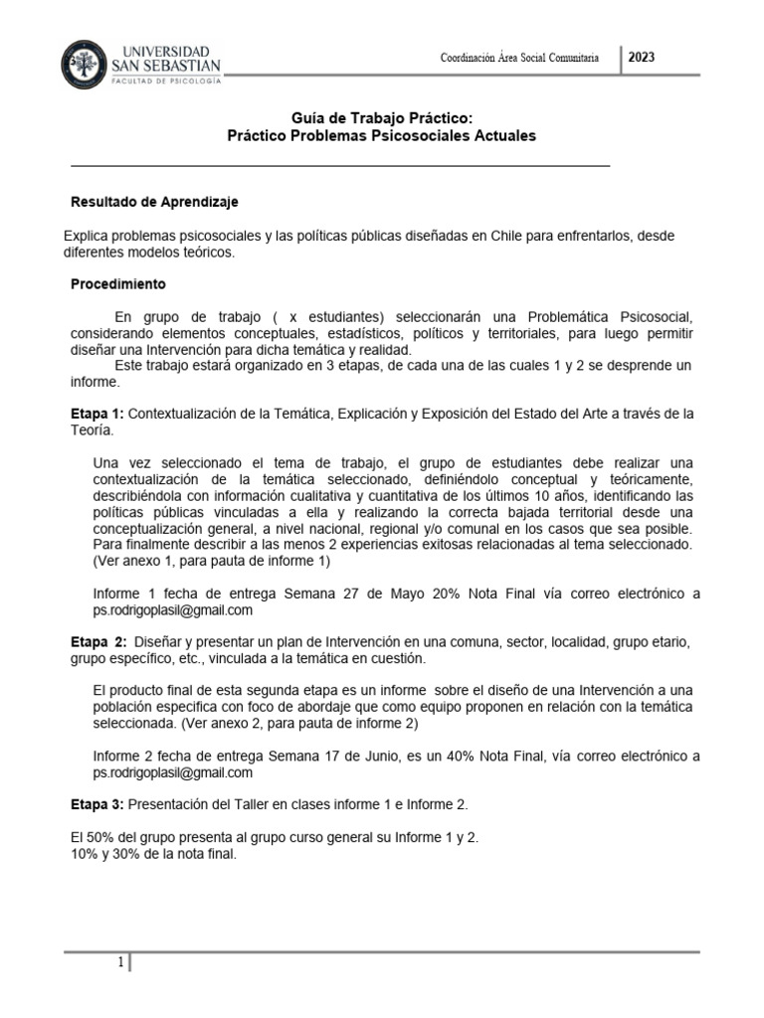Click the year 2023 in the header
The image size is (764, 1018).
[642, 58]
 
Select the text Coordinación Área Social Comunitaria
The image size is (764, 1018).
[519, 59]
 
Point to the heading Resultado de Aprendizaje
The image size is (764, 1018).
[154, 202]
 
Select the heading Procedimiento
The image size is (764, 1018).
[117, 284]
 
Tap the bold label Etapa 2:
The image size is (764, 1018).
[98, 642]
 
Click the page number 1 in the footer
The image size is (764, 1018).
[120, 962]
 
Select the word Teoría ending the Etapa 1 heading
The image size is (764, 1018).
[93, 430]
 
